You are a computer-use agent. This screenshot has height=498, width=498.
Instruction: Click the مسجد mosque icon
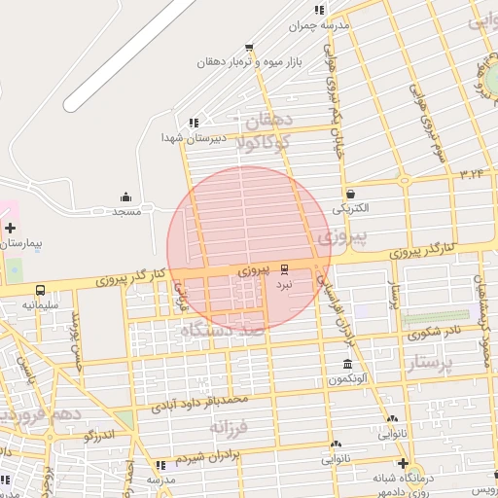click(x=125, y=197)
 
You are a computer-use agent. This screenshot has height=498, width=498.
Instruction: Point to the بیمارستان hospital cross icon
click(x=10, y=229)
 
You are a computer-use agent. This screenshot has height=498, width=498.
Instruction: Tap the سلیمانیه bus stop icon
click(x=41, y=290)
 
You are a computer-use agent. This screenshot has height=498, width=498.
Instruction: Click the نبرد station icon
click(x=284, y=268)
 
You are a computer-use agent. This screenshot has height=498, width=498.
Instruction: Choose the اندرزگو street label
click(x=99, y=435)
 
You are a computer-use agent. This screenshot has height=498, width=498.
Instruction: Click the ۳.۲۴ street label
click(x=472, y=173)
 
